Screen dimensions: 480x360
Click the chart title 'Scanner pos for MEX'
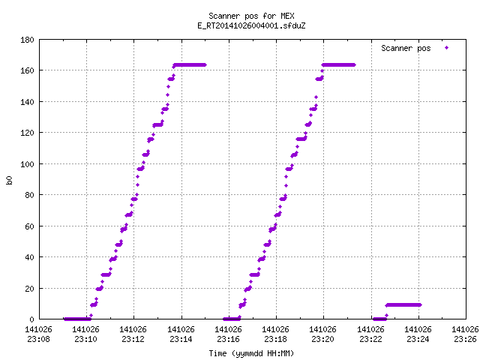[x=251, y=16]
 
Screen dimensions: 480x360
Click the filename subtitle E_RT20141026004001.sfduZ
[x=251, y=25]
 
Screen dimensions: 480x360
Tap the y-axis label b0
[x=9, y=180]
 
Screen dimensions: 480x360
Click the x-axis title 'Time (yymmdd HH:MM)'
[x=251, y=353]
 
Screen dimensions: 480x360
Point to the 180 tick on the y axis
[x=27, y=40]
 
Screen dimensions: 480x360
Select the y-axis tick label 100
[x=27, y=164]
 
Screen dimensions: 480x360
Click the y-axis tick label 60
[x=29, y=226]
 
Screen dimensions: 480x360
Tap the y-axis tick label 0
[x=31, y=319]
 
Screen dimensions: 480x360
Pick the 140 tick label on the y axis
[x=27, y=102]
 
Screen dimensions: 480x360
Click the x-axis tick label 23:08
[x=38, y=339]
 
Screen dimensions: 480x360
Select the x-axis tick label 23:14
[x=181, y=339]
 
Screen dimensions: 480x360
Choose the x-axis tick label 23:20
[x=322, y=339]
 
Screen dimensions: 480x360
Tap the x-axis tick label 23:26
[x=465, y=339]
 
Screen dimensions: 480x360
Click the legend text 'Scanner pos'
[x=406, y=48]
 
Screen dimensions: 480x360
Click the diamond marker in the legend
[x=447, y=48]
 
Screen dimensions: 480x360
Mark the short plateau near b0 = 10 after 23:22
[x=403, y=305]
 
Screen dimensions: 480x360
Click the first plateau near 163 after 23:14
[x=190, y=65]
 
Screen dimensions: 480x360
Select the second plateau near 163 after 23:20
[x=338, y=65]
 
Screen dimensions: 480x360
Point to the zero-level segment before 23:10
[x=77, y=319]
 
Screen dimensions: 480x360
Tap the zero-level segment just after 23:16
[x=232, y=319]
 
